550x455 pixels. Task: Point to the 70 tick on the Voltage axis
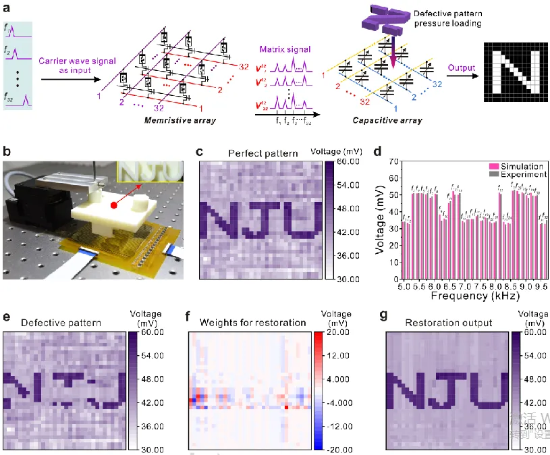coord(393,162)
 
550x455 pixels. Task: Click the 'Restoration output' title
coord(449,323)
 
